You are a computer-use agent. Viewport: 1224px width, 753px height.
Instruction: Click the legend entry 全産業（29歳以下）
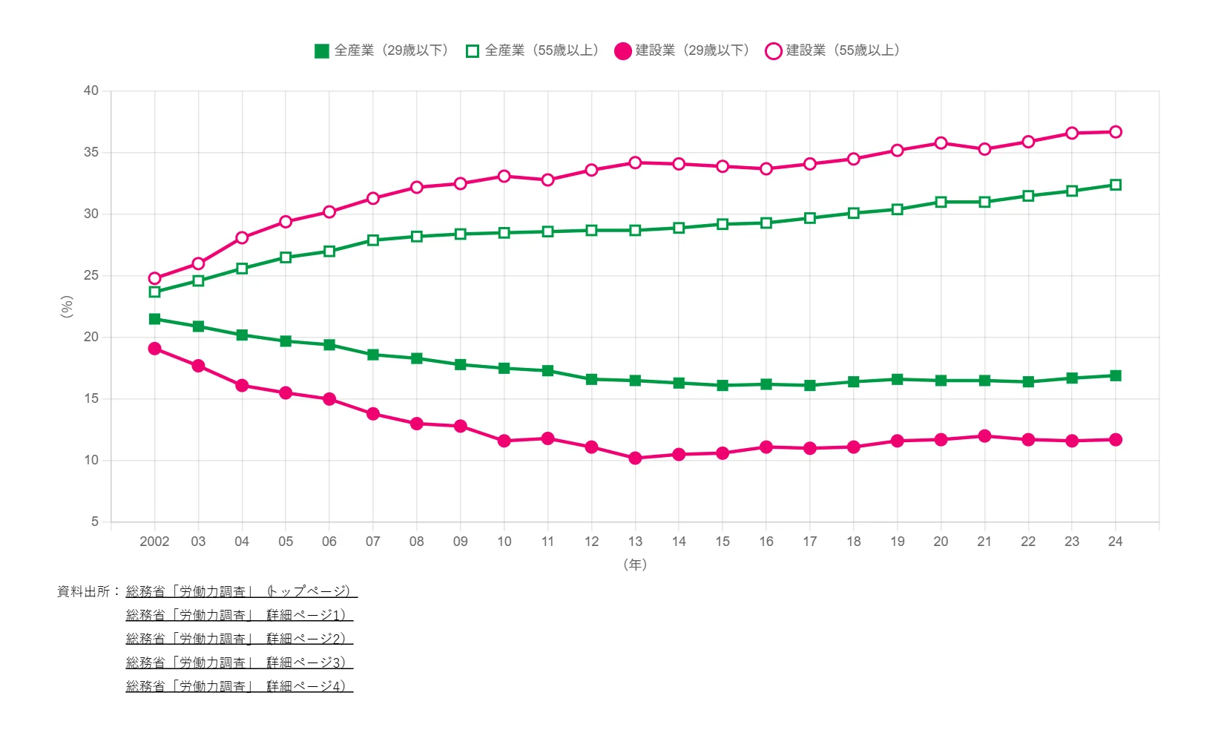click(x=383, y=50)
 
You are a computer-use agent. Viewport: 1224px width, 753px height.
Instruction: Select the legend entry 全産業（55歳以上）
click(x=533, y=50)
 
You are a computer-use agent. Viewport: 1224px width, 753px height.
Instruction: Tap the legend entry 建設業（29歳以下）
click(x=683, y=50)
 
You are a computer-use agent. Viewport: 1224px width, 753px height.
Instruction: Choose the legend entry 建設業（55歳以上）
click(x=834, y=50)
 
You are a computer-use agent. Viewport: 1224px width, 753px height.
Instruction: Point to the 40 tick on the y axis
click(x=91, y=91)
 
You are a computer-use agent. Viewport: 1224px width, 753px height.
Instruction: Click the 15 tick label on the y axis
click(x=91, y=398)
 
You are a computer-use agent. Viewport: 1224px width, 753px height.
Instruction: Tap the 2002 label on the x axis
click(x=154, y=542)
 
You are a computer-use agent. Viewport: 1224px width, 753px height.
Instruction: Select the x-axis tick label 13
click(x=635, y=542)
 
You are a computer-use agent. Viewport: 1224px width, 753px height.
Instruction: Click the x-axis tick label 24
click(x=1115, y=542)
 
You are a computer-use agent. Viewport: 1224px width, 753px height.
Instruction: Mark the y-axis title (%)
click(x=67, y=306)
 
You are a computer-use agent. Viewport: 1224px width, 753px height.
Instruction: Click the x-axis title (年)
click(x=635, y=565)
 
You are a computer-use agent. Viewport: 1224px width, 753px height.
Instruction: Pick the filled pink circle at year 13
click(x=635, y=458)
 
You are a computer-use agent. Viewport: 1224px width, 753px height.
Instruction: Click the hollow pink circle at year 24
click(x=1115, y=132)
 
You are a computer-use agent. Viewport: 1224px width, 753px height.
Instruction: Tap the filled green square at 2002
click(x=154, y=319)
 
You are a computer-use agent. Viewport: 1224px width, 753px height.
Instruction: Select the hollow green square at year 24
click(x=1115, y=185)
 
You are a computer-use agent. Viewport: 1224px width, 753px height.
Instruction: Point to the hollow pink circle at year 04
click(x=242, y=238)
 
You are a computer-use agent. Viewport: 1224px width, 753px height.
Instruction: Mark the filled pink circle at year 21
click(x=984, y=436)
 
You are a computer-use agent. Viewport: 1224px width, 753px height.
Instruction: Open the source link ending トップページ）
click(x=241, y=591)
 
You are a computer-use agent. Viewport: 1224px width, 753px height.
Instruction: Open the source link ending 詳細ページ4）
click(x=239, y=686)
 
